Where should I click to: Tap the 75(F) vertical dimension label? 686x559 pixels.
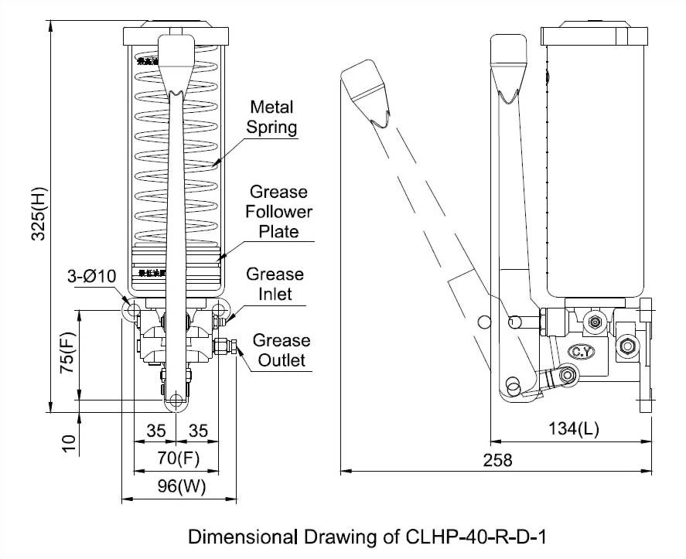69,354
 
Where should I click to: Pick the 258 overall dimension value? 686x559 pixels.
497,460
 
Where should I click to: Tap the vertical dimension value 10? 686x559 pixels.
69,442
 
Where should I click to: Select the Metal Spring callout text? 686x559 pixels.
272,116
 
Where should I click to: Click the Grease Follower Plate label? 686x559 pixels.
277,211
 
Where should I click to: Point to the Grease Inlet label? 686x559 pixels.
275,284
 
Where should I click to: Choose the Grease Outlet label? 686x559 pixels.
281,349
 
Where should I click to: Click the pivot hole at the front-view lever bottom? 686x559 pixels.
176,400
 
